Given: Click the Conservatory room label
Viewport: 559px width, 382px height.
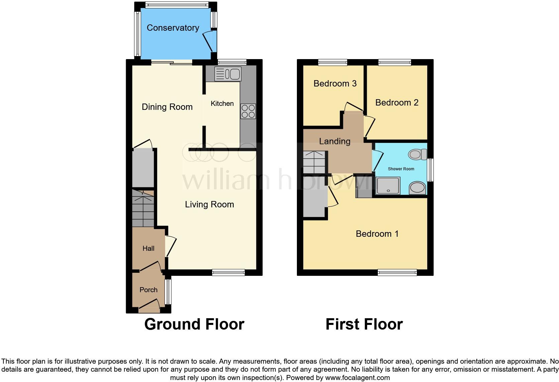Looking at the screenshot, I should (x=173, y=28).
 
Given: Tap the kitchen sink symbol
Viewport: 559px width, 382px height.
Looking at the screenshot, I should (x=228, y=74).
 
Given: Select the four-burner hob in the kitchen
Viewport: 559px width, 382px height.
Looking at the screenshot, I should (x=248, y=111).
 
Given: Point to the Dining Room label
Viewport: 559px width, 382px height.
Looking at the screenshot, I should (x=167, y=107).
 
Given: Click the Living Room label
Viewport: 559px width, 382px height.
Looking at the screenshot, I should (x=209, y=204).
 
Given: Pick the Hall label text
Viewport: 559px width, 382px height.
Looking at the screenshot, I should (x=148, y=248).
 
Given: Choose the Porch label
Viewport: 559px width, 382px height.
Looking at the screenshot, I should (x=148, y=290).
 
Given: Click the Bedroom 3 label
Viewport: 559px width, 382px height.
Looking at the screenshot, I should (x=335, y=83).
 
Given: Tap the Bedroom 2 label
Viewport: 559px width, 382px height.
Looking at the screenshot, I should (x=397, y=103).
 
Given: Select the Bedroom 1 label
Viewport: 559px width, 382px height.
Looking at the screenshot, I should (x=377, y=234).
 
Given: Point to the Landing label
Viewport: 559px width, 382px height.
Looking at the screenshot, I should (x=335, y=141).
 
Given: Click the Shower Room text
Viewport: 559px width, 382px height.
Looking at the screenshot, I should (x=401, y=169).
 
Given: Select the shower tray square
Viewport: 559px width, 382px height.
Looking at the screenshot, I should (x=388, y=186).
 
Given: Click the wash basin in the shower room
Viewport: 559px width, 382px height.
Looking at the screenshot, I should (x=417, y=188).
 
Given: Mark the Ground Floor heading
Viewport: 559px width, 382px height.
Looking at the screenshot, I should (x=194, y=324).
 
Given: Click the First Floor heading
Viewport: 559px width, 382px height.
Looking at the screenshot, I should (x=364, y=324).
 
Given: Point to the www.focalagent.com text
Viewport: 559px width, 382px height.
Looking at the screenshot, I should (x=357, y=378).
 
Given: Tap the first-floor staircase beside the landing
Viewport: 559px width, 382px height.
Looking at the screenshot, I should (x=315, y=162).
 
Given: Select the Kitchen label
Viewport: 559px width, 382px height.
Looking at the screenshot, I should (x=222, y=104).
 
